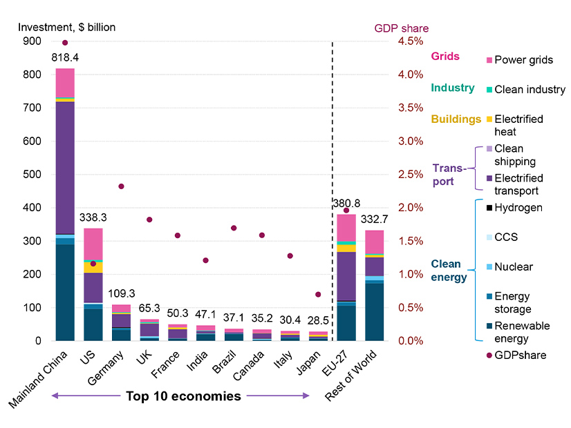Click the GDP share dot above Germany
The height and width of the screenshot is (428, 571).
(121, 186)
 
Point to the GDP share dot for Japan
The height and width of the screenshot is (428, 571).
(317, 295)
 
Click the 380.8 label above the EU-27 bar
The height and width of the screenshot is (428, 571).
(346, 204)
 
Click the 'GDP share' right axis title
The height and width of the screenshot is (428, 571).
(401, 28)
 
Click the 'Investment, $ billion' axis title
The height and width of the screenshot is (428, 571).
(67, 28)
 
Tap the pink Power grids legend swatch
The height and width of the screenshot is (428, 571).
(489, 60)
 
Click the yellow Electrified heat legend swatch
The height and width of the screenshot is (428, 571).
(489, 119)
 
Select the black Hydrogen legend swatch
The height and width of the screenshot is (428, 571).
(489, 208)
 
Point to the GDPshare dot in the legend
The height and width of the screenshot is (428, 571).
(489, 356)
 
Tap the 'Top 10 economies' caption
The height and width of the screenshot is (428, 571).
(183, 396)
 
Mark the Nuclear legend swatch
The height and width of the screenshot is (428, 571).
(489, 267)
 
